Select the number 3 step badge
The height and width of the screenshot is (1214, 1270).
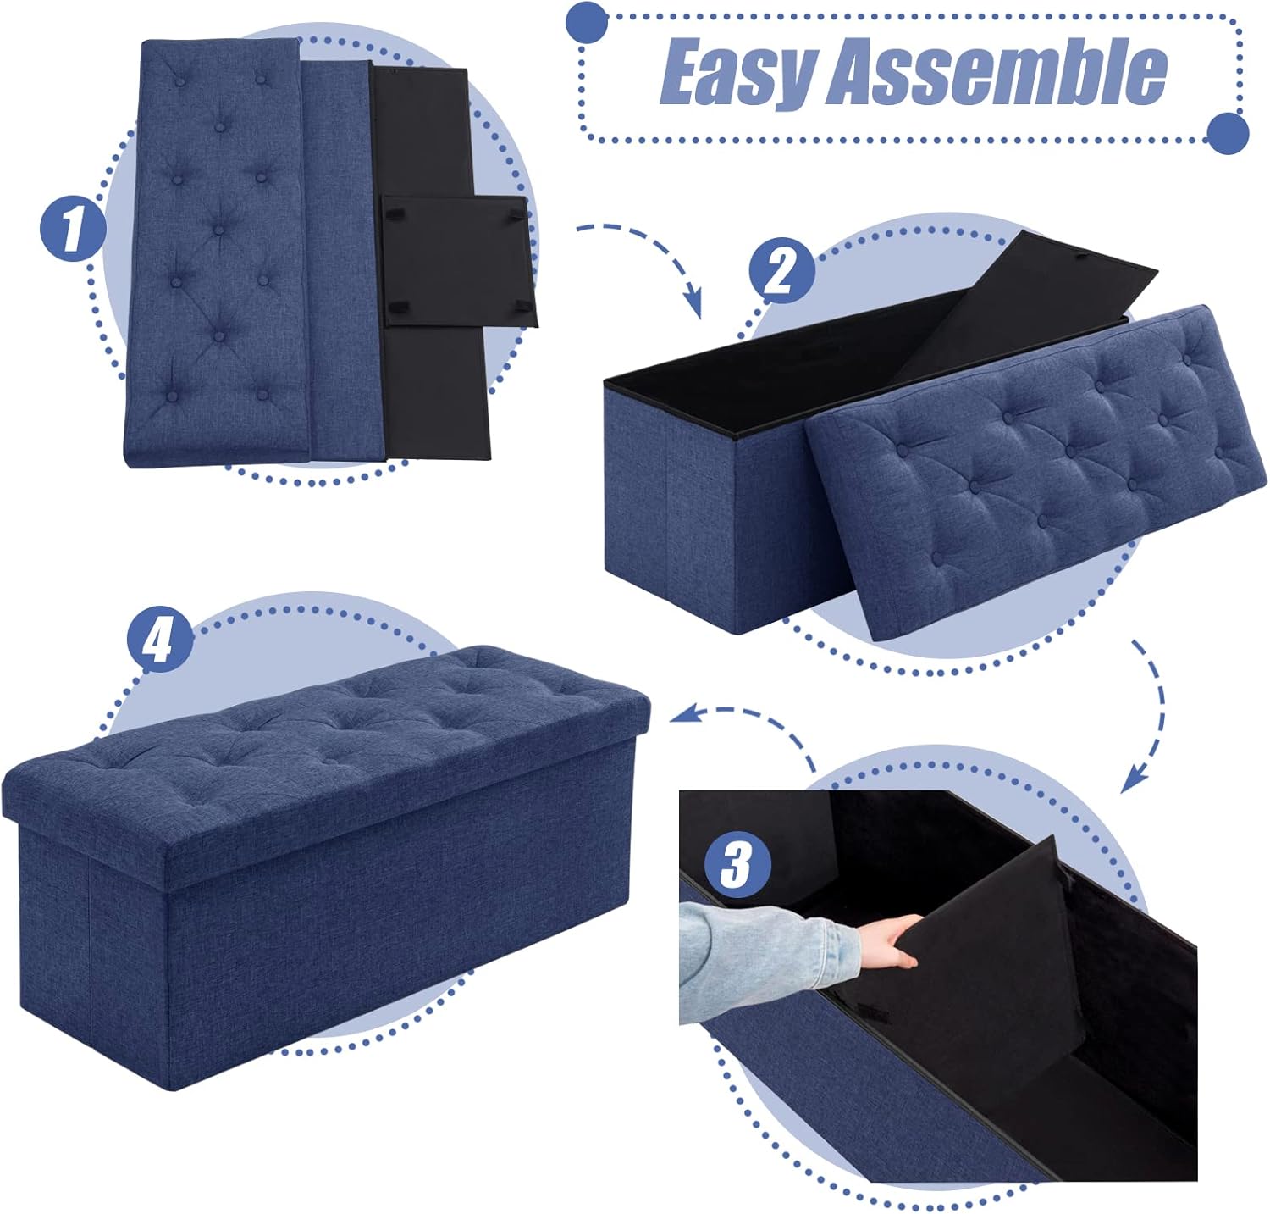[x=736, y=865]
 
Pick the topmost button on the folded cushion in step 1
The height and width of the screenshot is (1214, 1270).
[x=179, y=80]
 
